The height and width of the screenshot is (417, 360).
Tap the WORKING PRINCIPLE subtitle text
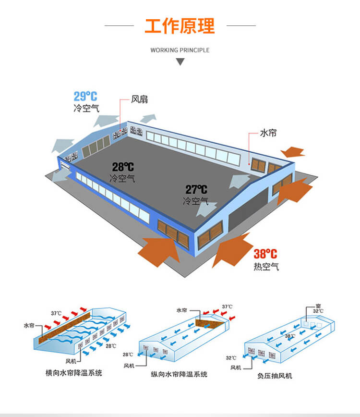[180, 50]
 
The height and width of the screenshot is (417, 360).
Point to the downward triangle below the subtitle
[180, 61]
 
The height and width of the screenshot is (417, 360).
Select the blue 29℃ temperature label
[85, 96]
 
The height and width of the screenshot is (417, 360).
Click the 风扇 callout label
[139, 99]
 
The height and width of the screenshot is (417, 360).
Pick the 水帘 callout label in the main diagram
[268, 133]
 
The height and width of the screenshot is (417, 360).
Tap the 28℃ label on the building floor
[123, 167]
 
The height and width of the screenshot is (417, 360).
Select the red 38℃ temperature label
[265, 254]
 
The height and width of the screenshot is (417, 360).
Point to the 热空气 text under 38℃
[266, 266]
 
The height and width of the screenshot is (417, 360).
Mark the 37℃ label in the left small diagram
[56, 313]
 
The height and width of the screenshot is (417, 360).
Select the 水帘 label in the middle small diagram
[182, 310]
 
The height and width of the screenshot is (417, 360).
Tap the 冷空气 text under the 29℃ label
[86, 108]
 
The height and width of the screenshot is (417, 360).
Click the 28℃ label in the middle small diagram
[128, 355]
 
